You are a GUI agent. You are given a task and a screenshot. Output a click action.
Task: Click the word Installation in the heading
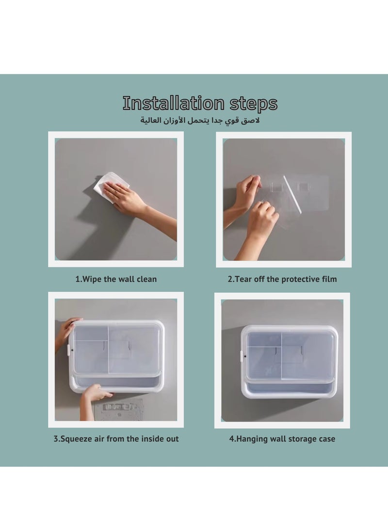(x=174, y=103)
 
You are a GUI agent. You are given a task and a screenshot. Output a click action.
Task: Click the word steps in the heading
(x=254, y=104)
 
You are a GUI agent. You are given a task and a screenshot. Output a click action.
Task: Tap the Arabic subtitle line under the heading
(x=200, y=120)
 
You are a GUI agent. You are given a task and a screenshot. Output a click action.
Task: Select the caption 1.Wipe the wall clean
(x=116, y=279)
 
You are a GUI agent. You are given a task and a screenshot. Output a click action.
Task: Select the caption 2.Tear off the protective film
(x=282, y=279)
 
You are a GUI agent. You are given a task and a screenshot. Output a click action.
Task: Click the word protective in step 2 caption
(x=298, y=279)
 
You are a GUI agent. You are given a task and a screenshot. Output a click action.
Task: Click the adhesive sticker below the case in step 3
(x=119, y=409)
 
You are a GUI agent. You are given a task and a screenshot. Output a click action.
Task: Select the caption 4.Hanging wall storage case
(x=282, y=439)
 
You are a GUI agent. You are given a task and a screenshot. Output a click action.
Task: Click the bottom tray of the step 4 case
(x=290, y=390)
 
